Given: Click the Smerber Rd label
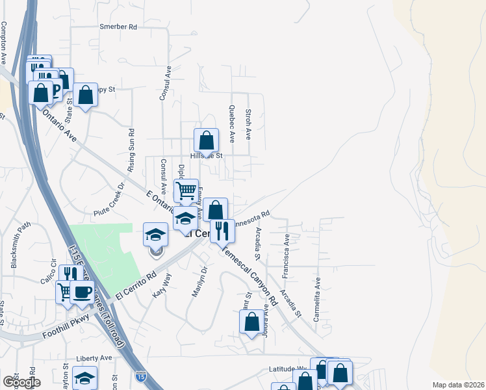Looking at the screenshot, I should tap(118, 27).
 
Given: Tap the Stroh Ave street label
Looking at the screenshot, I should tap(248, 124).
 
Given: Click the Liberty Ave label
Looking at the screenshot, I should tap(94, 358).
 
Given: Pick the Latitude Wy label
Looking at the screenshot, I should tap(287, 369).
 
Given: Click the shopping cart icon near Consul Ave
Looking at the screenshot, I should tap(186, 191).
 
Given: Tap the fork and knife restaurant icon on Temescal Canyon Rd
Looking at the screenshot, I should tap(222, 231).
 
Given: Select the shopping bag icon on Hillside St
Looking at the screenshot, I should tap(206, 140).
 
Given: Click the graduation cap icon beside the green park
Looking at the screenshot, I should tap(156, 234).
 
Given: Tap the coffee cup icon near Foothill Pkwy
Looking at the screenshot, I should tap(82, 292).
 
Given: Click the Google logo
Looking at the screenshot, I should tap(21, 382).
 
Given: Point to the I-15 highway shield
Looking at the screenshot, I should tap(141, 376).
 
